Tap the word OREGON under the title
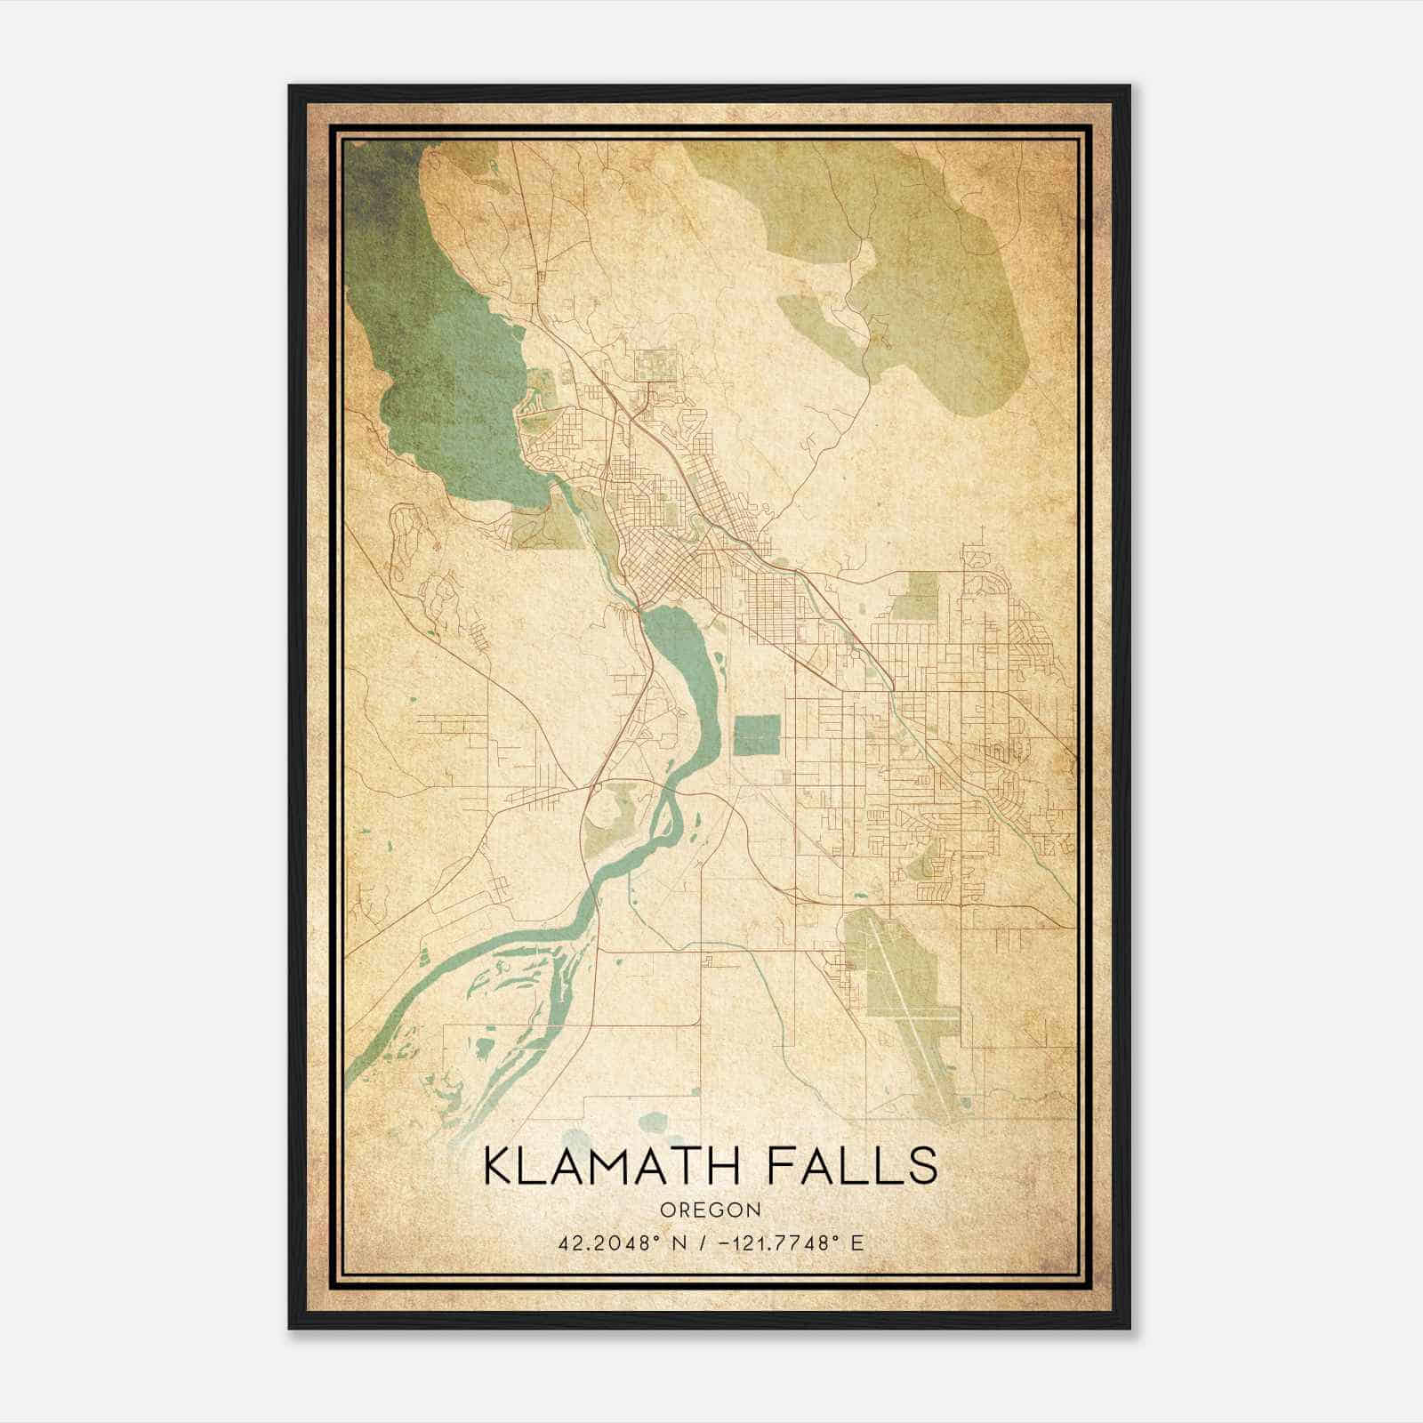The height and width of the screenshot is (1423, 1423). tap(710, 1210)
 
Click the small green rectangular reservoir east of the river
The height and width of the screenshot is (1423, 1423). tap(757, 735)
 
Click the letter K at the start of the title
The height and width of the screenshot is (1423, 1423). tap(497, 1167)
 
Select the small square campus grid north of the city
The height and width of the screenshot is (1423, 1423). tap(655, 366)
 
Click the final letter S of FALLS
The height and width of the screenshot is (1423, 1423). tap(925, 1167)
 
